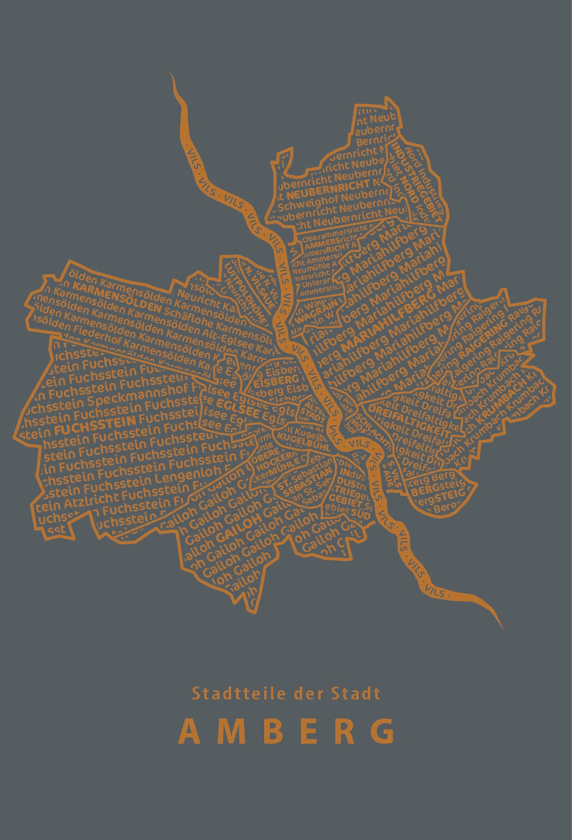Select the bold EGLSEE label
tap(237, 408)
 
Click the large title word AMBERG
tap(286, 731)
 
